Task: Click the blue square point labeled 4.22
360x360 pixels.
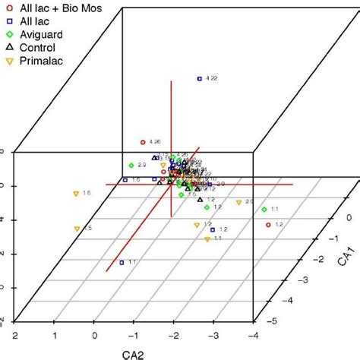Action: tap(200, 78)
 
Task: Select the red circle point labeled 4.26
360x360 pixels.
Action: tap(143, 142)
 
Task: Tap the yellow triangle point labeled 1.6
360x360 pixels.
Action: tap(76, 194)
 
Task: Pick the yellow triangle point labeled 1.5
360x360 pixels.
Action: tap(77, 229)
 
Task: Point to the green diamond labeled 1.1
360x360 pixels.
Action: tap(264, 210)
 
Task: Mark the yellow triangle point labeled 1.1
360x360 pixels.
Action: tap(207, 239)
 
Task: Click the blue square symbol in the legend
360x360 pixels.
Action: tap(10, 22)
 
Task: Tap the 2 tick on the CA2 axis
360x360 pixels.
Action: tap(14, 335)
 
